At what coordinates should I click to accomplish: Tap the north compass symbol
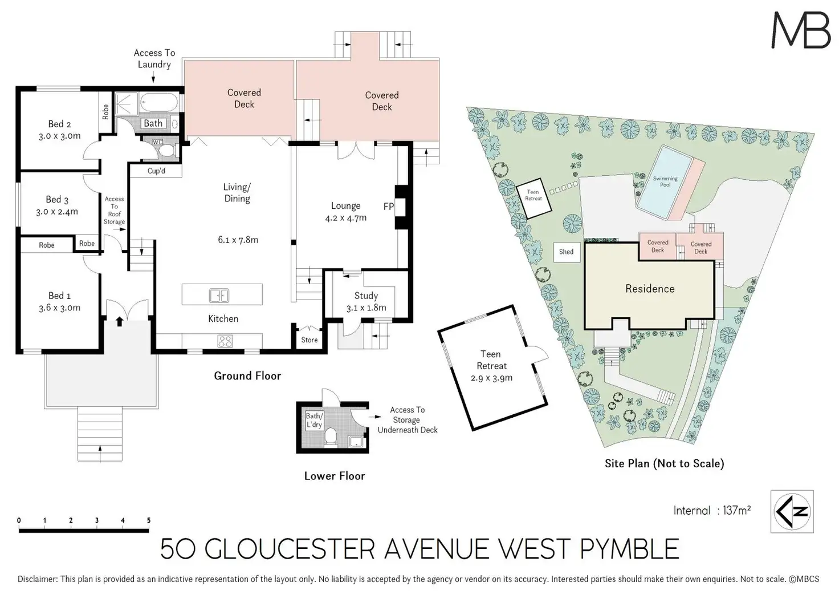(792, 511)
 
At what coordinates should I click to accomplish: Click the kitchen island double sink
(219, 296)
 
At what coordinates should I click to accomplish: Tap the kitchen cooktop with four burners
(225, 341)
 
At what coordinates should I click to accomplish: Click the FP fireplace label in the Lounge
(388, 207)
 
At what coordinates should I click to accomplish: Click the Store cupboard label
(309, 340)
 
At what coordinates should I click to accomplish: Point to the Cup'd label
(156, 171)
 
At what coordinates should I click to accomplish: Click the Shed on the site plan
(566, 252)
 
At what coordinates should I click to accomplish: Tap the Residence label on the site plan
(650, 289)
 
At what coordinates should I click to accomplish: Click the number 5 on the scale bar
(149, 520)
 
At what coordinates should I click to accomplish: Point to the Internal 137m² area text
(711, 511)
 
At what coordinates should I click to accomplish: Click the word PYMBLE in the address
(629, 549)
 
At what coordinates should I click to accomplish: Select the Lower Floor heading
(334, 476)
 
